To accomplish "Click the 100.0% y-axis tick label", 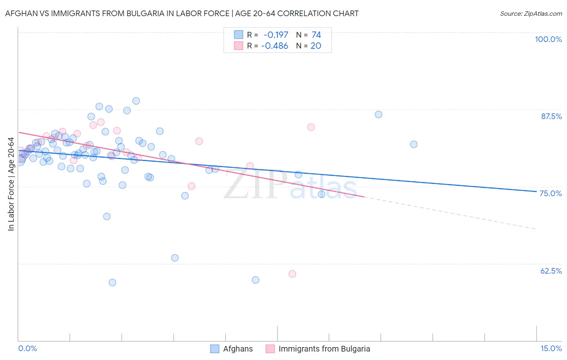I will click(548, 39).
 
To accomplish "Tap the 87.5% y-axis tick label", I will click(551, 116).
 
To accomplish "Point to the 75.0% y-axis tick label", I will click(550, 193).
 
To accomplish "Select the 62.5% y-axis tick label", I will click(551, 271).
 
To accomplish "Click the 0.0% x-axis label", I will click(27, 348).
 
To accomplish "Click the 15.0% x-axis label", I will click(551, 348).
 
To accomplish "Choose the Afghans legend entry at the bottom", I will click(238, 349).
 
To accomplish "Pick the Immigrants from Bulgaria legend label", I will click(324, 349).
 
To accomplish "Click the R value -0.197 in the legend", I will click(275, 35).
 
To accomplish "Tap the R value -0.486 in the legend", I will click(274, 46).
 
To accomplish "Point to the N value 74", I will click(316, 35).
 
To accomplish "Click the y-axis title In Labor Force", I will click(11, 184).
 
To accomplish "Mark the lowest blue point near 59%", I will click(113, 283).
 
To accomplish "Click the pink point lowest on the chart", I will click(292, 274).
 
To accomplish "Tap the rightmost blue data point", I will click(414, 144).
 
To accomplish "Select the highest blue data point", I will click(136, 101).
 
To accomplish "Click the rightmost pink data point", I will click(311, 127).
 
